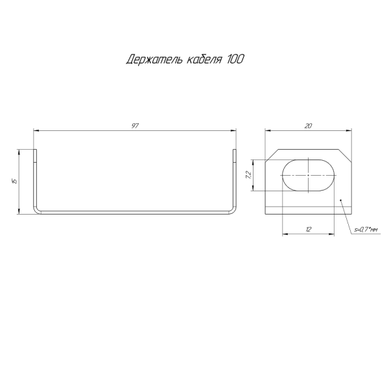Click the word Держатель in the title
tap(154, 60)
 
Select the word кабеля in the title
tap(204, 60)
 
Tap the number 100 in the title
tap(235, 59)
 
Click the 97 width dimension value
tap(135, 126)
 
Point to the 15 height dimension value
tap(15, 181)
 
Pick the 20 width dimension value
tap(308, 126)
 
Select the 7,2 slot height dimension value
tap(248, 175)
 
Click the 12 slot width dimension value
tap(308, 230)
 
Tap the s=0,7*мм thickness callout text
tap(366, 230)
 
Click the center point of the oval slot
tap(309, 175)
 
